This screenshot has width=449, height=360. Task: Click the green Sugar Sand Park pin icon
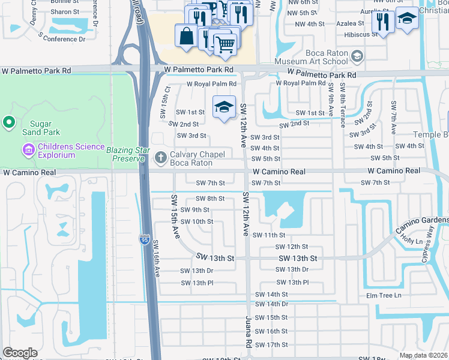9,124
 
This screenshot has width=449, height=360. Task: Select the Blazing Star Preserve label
126,154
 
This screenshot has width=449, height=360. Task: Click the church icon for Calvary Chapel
160,158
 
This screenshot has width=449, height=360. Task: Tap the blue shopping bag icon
186,35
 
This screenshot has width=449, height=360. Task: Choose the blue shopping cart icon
225,44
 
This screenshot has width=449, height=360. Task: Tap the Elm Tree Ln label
383,295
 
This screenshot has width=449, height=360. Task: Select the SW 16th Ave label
155,259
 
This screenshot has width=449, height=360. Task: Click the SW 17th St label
271,344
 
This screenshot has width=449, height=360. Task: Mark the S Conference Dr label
61,38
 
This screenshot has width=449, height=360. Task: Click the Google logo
20,353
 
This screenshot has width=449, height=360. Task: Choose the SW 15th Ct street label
167,97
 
